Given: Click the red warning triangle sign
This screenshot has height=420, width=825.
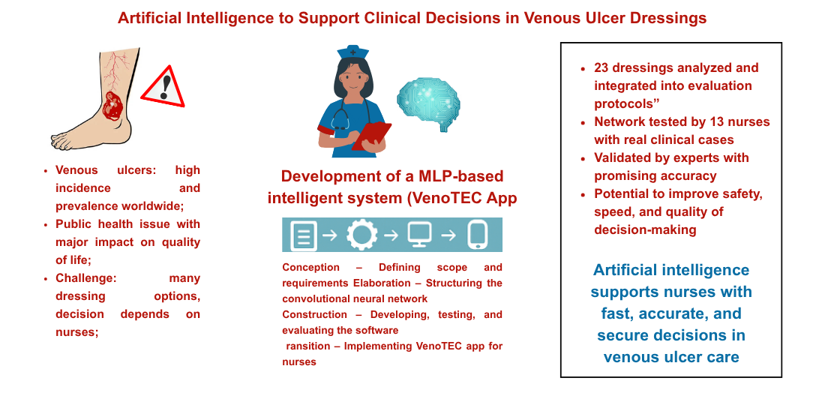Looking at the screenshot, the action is pyautogui.click(x=163, y=88).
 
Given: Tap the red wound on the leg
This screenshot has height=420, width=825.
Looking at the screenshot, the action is pyautogui.click(x=112, y=106).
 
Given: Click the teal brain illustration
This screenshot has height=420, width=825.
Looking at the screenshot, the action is pyautogui.click(x=428, y=103).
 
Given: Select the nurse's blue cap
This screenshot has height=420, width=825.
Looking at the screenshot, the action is pyautogui.click(x=353, y=52).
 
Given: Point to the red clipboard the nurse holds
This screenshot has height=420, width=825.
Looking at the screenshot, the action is pyautogui.click(x=371, y=136).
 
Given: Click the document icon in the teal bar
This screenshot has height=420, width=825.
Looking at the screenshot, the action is pyautogui.click(x=304, y=235).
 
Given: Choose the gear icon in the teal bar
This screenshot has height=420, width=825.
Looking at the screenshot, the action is pyautogui.click(x=361, y=235).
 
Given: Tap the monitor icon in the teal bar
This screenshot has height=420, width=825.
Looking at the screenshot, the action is pyautogui.click(x=420, y=234).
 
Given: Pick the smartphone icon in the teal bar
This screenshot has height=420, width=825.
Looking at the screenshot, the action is pyautogui.click(x=477, y=235).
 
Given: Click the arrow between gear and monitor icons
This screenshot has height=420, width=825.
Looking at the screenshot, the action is pyautogui.click(x=391, y=235).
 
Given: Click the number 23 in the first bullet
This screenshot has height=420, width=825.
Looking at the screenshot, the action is pyautogui.click(x=601, y=68).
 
